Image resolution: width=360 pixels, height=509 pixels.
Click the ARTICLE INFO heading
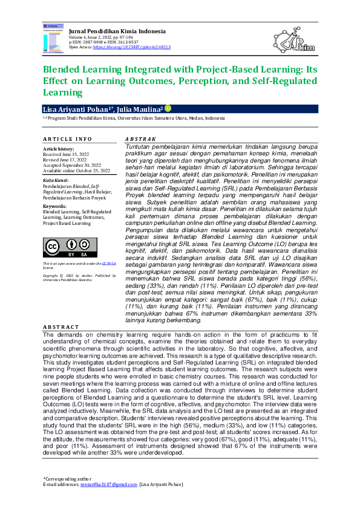point(67,139)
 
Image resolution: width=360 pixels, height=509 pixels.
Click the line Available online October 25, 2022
point(76,171)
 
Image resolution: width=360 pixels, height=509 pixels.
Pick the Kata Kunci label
point(55,181)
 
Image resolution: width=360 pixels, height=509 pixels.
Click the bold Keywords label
point(54,206)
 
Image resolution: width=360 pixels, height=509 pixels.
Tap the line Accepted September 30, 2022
point(71,166)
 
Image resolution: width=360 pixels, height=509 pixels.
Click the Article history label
point(59,149)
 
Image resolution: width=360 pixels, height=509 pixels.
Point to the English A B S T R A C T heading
point(61,327)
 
